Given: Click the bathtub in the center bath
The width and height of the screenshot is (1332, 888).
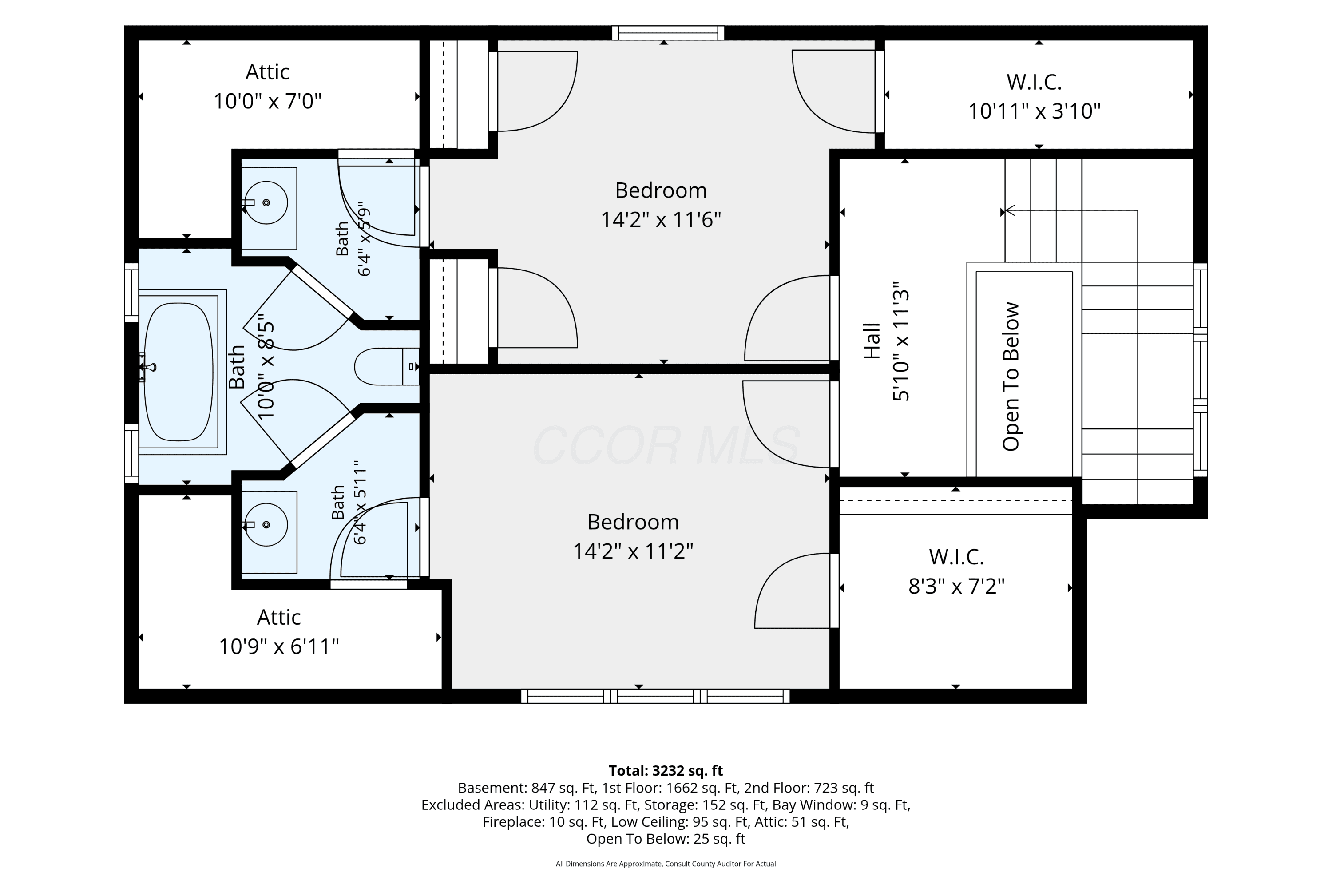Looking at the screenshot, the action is click(x=178, y=372).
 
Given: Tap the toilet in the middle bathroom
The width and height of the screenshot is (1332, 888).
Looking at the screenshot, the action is click(x=387, y=366).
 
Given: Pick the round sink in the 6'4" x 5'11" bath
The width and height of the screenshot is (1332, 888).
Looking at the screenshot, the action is click(x=266, y=525).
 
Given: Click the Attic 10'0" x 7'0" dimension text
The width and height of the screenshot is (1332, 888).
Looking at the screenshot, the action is click(x=267, y=101).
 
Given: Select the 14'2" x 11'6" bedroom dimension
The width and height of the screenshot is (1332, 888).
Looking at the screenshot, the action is click(x=661, y=219).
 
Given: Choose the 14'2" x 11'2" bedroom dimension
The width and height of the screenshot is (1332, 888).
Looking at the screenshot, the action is click(x=633, y=551).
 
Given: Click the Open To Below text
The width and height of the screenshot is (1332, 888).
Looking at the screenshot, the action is click(x=1011, y=377).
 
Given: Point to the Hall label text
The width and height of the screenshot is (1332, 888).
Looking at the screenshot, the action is click(x=872, y=341).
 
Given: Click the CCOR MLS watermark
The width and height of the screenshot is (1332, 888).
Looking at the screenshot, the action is click(x=666, y=446).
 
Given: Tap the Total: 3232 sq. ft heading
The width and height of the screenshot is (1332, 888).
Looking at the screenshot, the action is click(x=666, y=771).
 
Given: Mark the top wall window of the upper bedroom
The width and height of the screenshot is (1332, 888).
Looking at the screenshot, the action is click(x=668, y=33).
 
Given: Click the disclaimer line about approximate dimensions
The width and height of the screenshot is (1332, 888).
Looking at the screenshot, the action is click(x=666, y=864).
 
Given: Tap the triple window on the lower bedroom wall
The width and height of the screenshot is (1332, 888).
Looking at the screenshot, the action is click(x=655, y=696).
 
